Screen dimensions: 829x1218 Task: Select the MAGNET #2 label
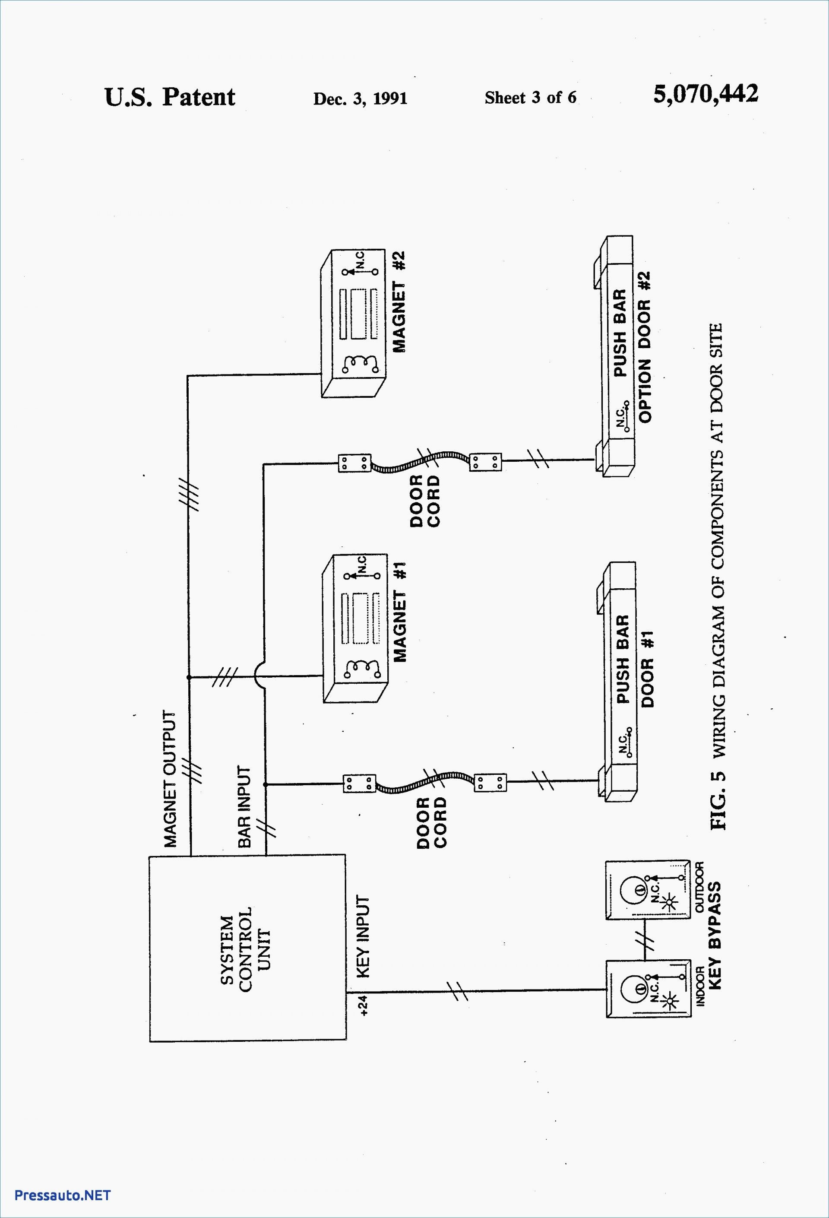click(399, 302)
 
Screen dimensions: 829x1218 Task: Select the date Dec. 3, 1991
click(360, 98)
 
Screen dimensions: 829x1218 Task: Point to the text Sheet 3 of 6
click(530, 98)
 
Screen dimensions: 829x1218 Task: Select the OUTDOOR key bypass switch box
click(647, 889)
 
